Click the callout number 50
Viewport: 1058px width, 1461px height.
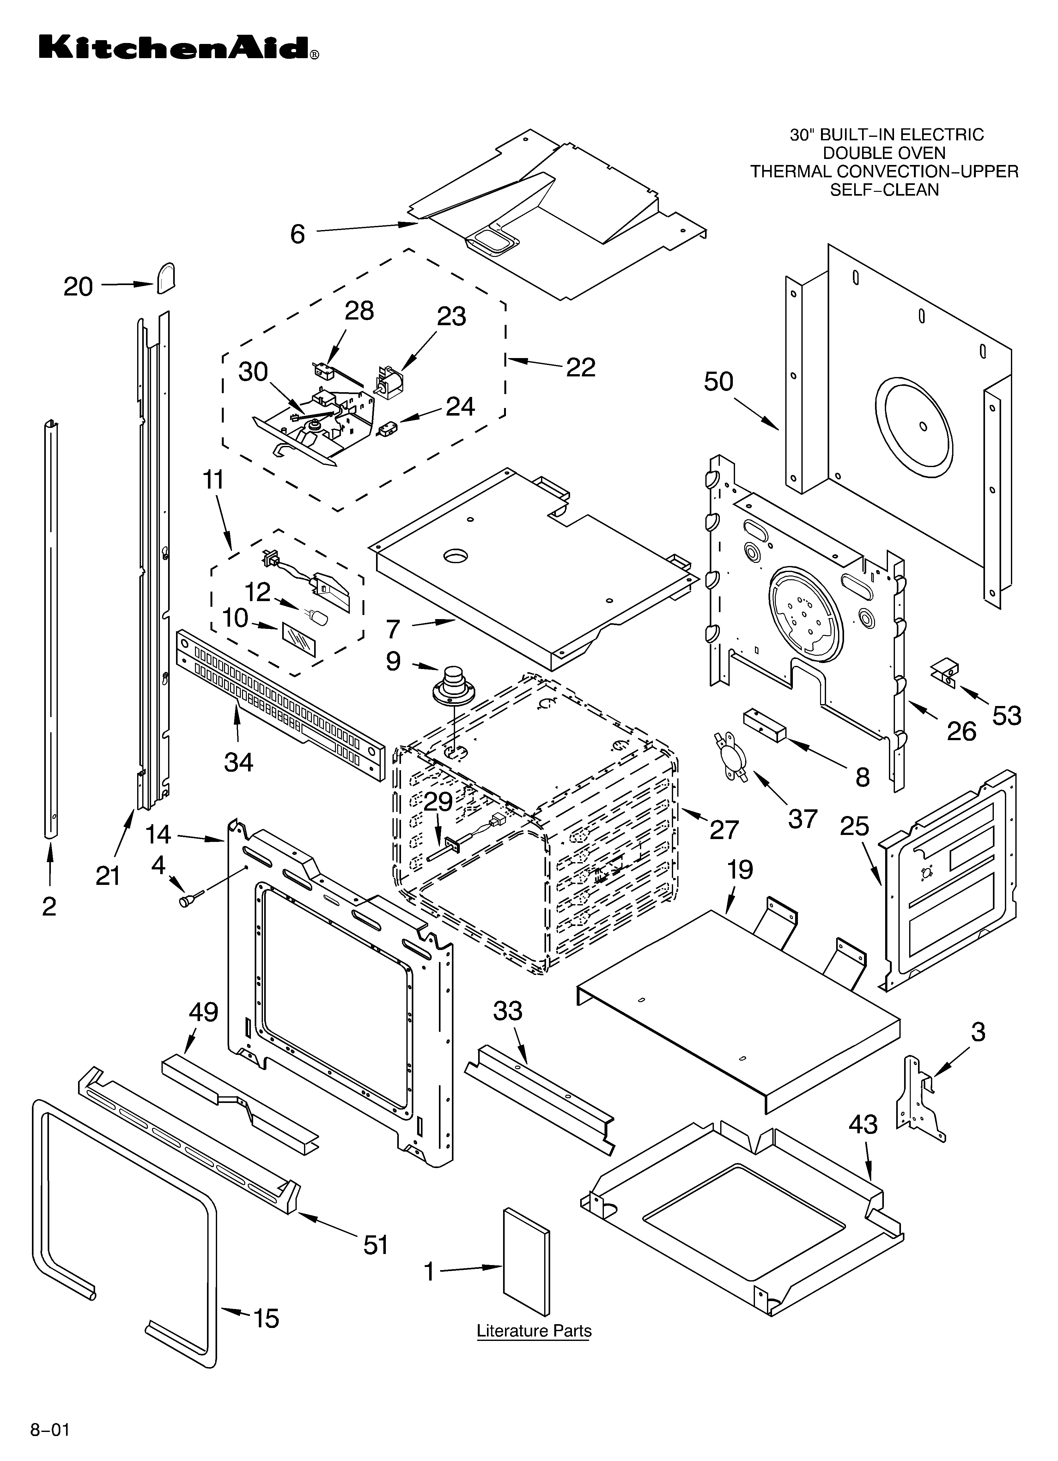pos(718,382)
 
